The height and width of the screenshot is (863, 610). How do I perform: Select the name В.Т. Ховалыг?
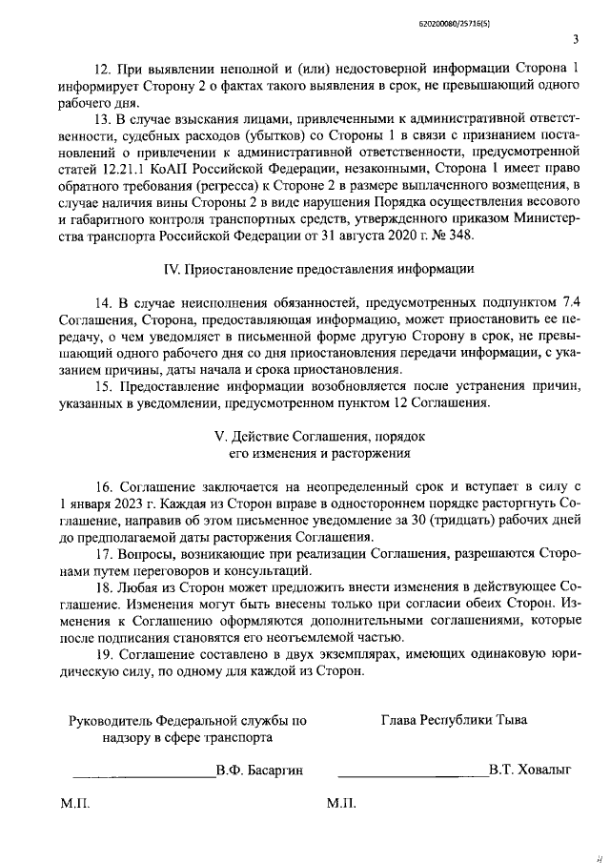[528, 770]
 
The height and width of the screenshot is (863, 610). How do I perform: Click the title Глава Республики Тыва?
[454, 719]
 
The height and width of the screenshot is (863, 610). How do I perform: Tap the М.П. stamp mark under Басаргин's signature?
[75, 805]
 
